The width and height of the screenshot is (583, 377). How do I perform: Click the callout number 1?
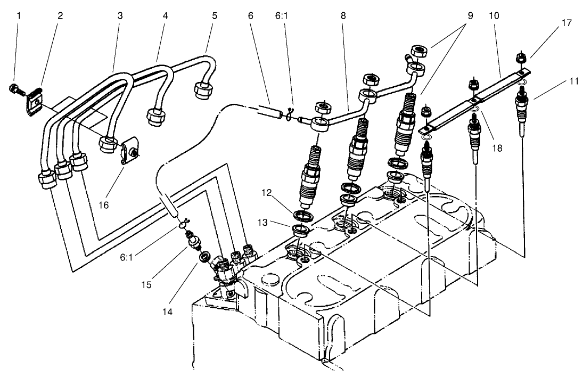(19, 16)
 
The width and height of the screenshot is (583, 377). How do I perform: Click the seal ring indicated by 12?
(304, 215)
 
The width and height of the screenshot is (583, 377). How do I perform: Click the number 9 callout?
(470, 16)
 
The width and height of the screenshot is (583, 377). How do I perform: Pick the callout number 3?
(120, 16)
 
